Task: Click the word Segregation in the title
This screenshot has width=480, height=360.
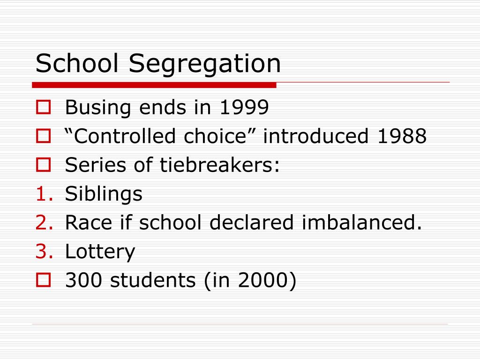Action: click(x=205, y=64)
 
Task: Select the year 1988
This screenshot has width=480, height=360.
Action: click(x=401, y=136)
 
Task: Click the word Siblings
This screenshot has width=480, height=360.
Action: click(x=104, y=194)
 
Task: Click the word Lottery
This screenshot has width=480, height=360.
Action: click(x=100, y=252)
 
